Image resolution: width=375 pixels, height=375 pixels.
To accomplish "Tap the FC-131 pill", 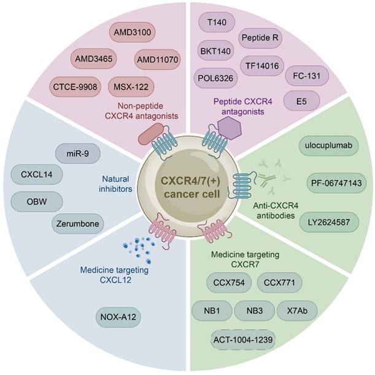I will [307, 78].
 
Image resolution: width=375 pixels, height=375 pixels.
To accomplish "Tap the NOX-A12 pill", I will [117, 317].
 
